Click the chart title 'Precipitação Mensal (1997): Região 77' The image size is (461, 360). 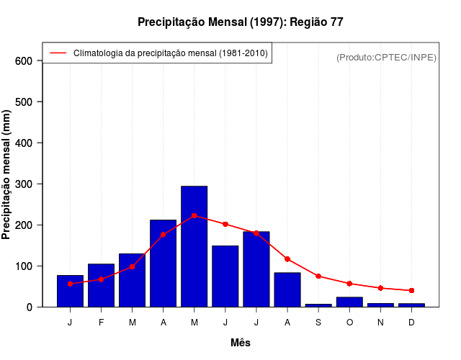(x=241, y=22)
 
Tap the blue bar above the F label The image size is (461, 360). (x=101, y=285)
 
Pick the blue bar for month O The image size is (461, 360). (x=349, y=302)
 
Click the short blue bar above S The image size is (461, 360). (x=318, y=305)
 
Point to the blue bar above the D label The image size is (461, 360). (x=411, y=305)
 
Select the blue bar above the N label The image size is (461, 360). (x=380, y=305)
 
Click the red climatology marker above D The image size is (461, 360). (x=411, y=290)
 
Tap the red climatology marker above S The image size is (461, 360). (x=318, y=276)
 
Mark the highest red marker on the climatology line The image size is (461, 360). (x=194, y=215)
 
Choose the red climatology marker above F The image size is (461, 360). (x=101, y=279)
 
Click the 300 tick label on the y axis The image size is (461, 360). (x=24, y=184)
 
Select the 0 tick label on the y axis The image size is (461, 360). (x=29, y=307)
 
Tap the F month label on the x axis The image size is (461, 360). (x=101, y=323)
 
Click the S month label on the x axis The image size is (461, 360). (x=318, y=323)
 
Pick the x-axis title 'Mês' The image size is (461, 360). (x=241, y=343)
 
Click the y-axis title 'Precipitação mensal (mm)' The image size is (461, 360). (x=7, y=175)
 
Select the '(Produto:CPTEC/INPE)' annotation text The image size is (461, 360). (x=387, y=57)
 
